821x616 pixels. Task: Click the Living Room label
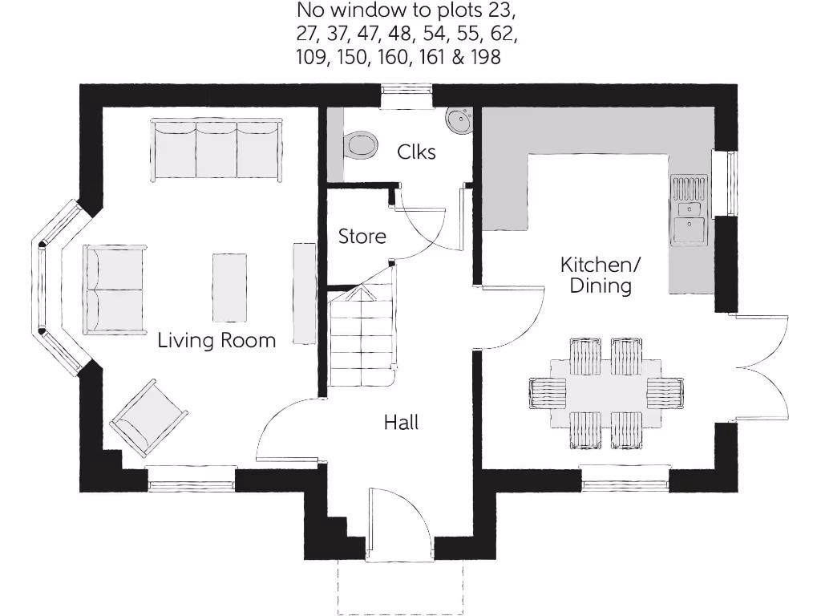point(216,340)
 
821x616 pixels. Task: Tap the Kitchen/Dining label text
point(601,275)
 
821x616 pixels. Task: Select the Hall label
point(401,423)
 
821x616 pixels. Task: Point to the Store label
point(362,237)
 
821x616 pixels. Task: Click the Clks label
point(417,152)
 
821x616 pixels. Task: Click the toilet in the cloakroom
point(359,145)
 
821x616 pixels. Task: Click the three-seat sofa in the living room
point(216,150)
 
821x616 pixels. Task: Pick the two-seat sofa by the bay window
point(114,288)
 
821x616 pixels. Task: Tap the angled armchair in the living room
point(149,419)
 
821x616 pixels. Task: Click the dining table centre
point(607,393)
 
